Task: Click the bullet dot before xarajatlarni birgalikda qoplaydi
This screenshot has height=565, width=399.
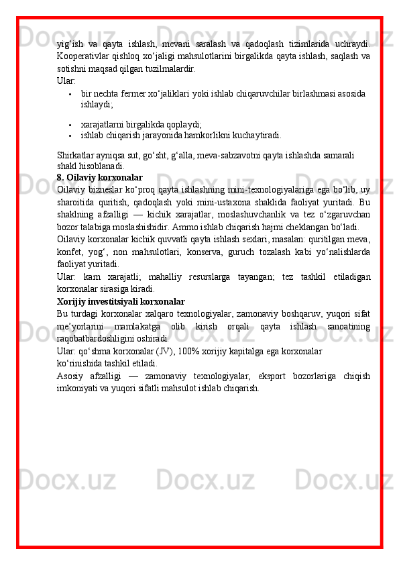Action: tap(70, 124)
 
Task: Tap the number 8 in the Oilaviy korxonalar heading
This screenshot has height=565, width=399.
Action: tap(60, 178)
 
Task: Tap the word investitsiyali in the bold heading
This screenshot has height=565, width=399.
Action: tap(115, 301)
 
